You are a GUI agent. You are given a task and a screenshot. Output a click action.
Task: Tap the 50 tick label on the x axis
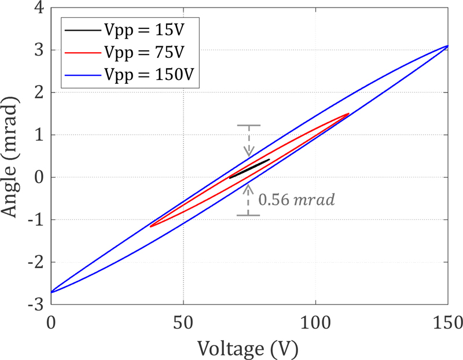click(x=183, y=319)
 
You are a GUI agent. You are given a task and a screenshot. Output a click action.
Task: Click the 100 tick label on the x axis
click(x=315, y=319)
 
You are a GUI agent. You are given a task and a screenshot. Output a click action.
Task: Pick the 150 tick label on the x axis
click(x=447, y=319)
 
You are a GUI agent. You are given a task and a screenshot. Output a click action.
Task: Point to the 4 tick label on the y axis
click(x=38, y=8)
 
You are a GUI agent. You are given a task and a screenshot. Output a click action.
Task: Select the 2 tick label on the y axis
click(x=38, y=93)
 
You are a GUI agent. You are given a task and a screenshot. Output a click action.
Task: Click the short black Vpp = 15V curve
click(x=249, y=168)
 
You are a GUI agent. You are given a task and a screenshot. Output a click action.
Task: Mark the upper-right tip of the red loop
click(x=348, y=114)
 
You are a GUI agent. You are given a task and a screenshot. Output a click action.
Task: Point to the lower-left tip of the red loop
click(x=150, y=226)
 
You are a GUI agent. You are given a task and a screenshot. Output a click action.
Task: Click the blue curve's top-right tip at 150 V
click(x=447, y=46)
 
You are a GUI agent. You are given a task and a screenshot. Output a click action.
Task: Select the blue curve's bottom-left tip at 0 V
click(x=52, y=292)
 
